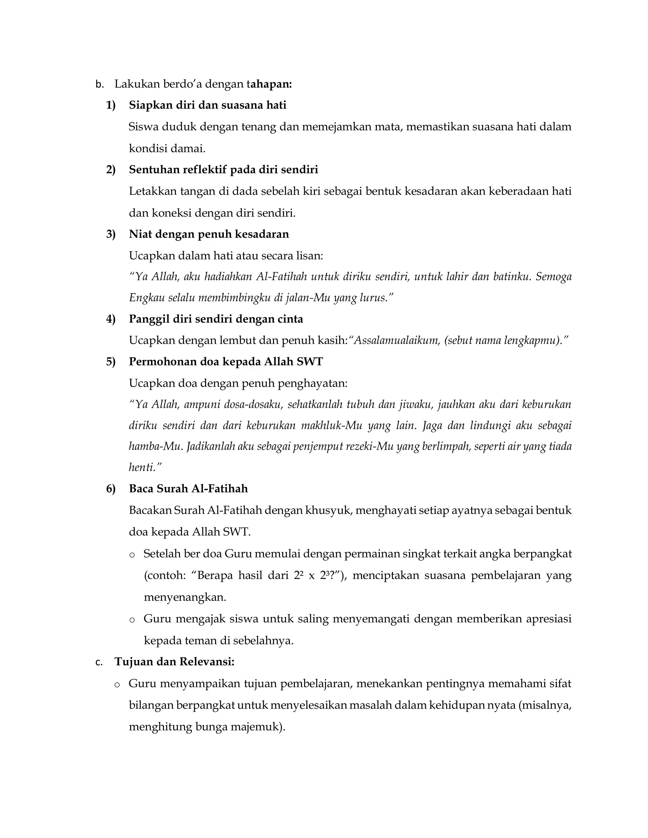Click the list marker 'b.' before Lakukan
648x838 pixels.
[x=99, y=84]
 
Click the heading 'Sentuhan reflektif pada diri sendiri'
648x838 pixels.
[x=223, y=169]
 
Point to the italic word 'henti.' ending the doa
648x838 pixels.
[x=145, y=467]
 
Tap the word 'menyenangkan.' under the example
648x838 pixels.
[x=185, y=597]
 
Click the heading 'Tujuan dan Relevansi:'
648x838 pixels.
[x=174, y=662]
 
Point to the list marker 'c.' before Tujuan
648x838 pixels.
[x=99, y=662]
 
